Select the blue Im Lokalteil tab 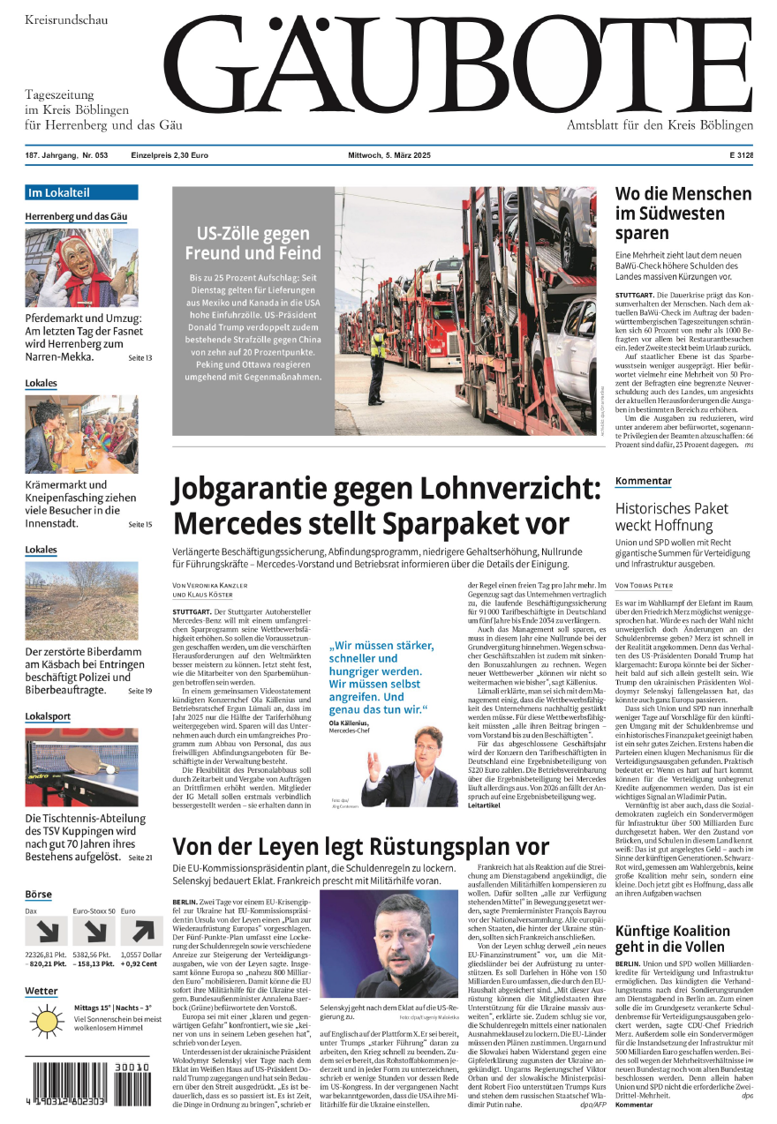tap(81, 192)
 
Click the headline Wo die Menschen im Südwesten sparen tap(683, 214)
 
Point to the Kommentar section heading tap(644, 481)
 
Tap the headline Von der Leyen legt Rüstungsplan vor tap(360, 848)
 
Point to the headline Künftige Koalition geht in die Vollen tap(672, 939)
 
